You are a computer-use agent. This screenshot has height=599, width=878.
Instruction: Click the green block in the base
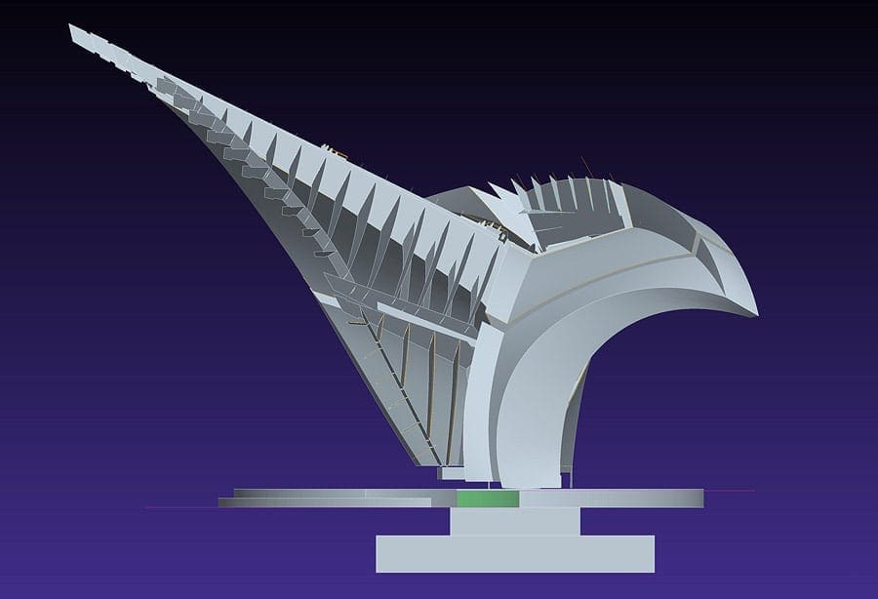(488, 499)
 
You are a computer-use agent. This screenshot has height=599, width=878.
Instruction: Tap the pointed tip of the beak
(755, 311)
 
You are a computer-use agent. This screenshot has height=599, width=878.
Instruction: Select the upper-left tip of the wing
(72, 29)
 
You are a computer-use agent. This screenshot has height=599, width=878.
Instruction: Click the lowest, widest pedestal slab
(514, 553)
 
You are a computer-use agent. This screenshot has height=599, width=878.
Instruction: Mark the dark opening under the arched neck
(624, 419)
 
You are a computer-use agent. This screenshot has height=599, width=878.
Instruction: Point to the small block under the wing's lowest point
(452, 473)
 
